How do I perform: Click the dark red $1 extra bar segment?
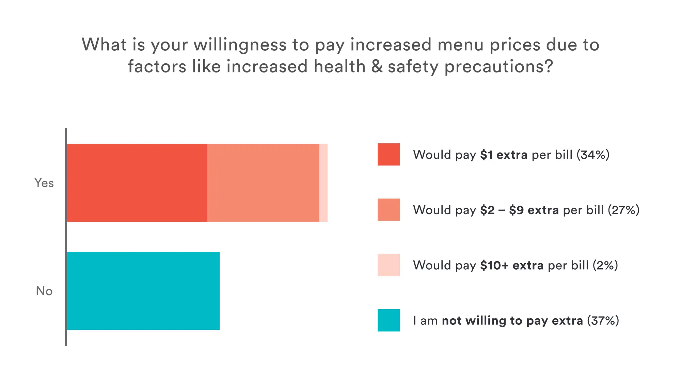point(137,183)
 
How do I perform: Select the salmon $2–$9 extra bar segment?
point(263,183)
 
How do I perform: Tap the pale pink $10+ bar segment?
point(323,183)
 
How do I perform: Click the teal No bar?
point(143,291)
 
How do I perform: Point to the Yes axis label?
point(44,183)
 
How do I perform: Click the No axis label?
point(44,291)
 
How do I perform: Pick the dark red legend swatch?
point(389,155)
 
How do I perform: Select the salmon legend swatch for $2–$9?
point(389,210)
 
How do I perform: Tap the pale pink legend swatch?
point(389,265)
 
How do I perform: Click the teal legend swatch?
point(389,320)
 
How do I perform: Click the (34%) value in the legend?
point(593,155)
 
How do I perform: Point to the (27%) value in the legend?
point(623,210)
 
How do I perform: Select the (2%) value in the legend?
point(605,265)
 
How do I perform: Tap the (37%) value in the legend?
point(603,321)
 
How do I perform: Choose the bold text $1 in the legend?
point(486,155)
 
